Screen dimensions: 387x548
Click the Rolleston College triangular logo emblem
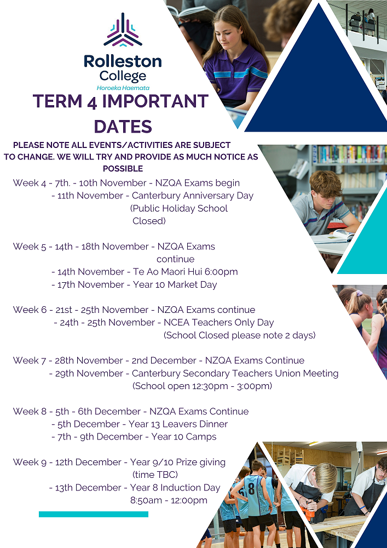tap(123, 30)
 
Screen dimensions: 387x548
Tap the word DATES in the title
tap(123, 126)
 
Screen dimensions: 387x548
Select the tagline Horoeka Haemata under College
tap(123, 88)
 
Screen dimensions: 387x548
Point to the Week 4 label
tap(30, 183)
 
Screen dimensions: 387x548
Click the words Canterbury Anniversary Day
tap(193, 196)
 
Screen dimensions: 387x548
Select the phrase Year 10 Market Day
tap(175, 284)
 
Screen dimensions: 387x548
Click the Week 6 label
tap(30, 310)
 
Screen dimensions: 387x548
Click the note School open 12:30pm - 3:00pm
tap(203, 386)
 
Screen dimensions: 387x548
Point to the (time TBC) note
tap(155, 475)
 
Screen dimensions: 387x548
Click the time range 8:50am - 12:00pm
tap(169, 500)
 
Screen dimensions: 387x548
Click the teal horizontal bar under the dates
tap(94, 514)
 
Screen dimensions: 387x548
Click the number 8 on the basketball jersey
tap(251, 488)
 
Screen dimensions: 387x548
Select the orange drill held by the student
tap(308, 514)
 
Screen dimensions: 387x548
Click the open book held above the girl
tap(190, 13)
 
